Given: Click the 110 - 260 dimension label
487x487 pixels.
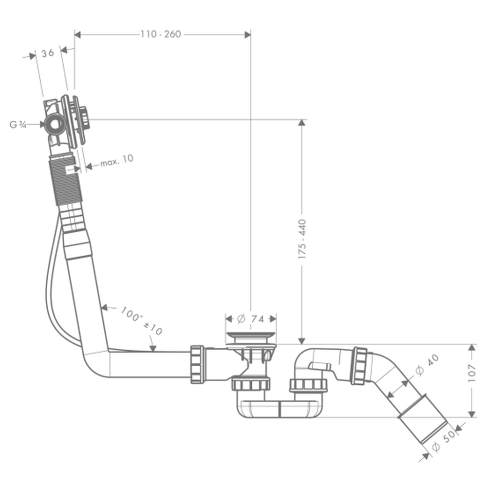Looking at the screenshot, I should (161, 34).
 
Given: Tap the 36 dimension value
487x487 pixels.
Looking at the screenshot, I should (47, 54).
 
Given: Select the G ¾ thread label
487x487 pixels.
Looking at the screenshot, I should (18, 125).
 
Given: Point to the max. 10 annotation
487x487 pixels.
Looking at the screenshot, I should (116, 161).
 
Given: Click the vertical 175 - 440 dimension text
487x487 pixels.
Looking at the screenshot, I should (302, 238).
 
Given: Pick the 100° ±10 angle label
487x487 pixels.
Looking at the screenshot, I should (141, 320).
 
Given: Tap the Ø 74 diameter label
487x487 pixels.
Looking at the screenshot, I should (250, 319).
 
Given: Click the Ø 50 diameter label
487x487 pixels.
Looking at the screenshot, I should (443, 441).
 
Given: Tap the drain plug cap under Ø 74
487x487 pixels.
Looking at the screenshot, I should (251, 336).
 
